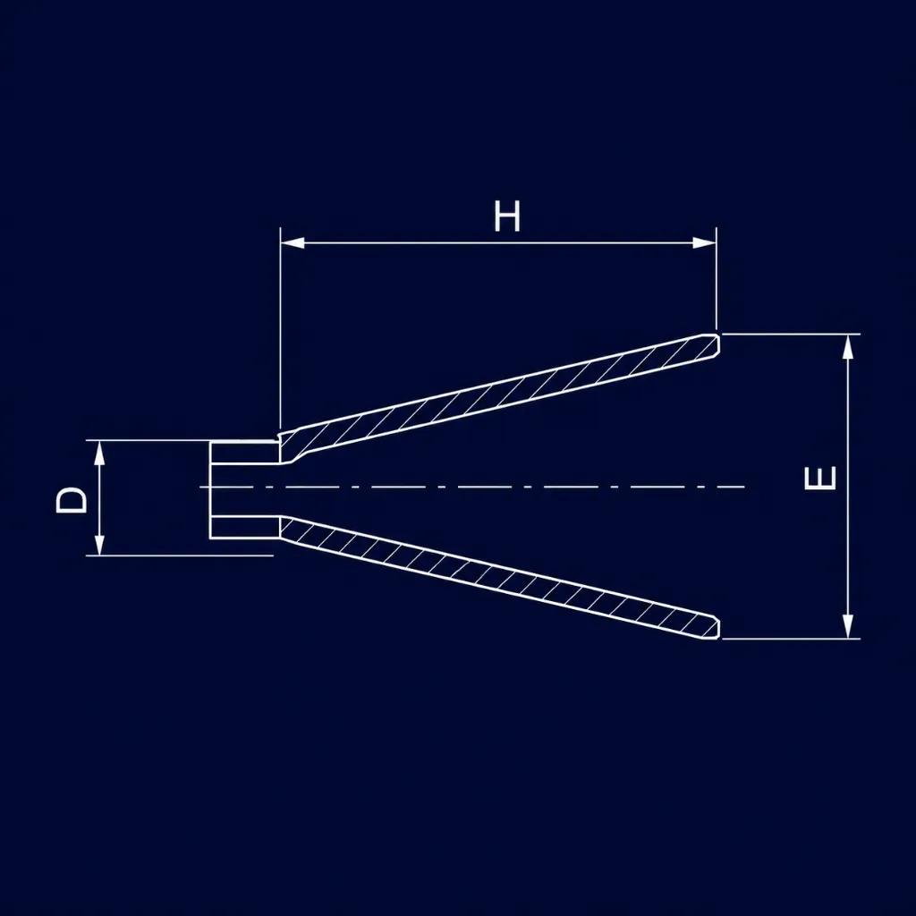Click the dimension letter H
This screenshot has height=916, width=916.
(506, 216)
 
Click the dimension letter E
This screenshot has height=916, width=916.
(820, 478)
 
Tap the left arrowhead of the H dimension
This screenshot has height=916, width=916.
(293, 242)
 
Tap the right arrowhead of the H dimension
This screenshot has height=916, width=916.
(704, 242)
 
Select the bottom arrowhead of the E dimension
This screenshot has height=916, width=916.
(848, 626)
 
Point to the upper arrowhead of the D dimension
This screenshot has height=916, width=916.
(99, 452)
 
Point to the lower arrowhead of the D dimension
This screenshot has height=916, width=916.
(99, 543)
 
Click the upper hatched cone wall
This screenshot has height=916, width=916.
(499, 399)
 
